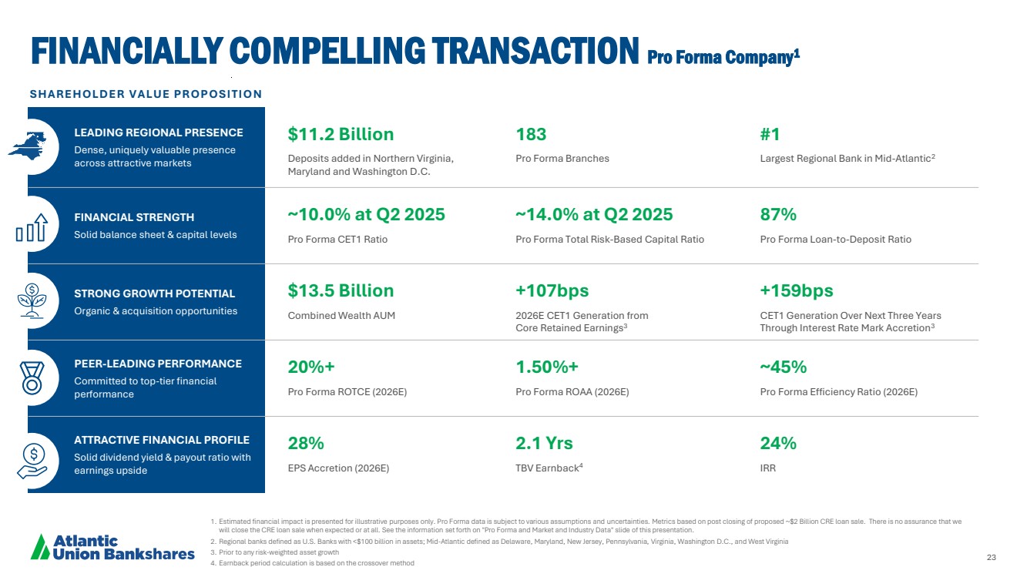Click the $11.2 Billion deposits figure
[x=341, y=135]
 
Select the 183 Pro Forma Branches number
[x=531, y=135]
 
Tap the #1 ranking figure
[x=770, y=135]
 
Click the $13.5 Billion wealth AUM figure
[x=341, y=291]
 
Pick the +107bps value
[x=552, y=291]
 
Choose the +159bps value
[x=796, y=291]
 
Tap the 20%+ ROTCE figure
[x=311, y=367]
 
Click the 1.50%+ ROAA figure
[x=547, y=367]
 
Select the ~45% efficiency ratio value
[x=783, y=367]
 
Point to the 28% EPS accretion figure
[x=305, y=444]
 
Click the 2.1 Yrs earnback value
[x=544, y=444]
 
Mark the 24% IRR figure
[x=777, y=444]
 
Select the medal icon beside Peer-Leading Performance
[x=32, y=378]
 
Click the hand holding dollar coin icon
[x=32, y=461]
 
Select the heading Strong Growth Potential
[x=154, y=294]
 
